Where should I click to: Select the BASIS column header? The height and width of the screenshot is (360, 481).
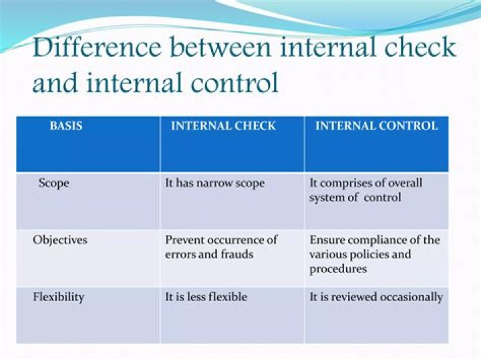pyautogui.click(x=66, y=126)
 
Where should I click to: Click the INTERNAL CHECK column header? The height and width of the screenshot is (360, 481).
pyautogui.click(x=223, y=126)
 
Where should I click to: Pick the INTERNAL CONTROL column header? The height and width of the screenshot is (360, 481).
pyautogui.click(x=376, y=126)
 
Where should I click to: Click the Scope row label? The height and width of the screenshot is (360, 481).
pyautogui.click(x=53, y=182)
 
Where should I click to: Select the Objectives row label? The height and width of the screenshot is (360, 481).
pyautogui.click(x=60, y=240)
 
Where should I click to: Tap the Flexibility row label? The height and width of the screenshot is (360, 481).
pyautogui.click(x=59, y=297)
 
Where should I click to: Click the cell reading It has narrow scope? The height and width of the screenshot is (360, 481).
pyautogui.click(x=215, y=182)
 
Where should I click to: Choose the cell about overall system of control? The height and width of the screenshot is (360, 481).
pyautogui.click(x=365, y=190)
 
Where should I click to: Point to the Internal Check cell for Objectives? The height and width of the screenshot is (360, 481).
pyautogui.click(x=221, y=247)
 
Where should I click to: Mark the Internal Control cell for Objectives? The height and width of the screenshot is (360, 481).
pyautogui.click(x=374, y=254)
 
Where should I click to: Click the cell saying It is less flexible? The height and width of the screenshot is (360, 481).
pyautogui.click(x=206, y=297)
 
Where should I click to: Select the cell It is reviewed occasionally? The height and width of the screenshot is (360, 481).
pyautogui.click(x=375, y=297)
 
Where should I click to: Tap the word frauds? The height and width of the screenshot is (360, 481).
pyautogui.click(x=236, y=254)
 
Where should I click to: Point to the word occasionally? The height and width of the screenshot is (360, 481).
pyautogui.click(x=411, y=297)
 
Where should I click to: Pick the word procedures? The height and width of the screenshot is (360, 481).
pyautogui.click(x=338, y=268)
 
